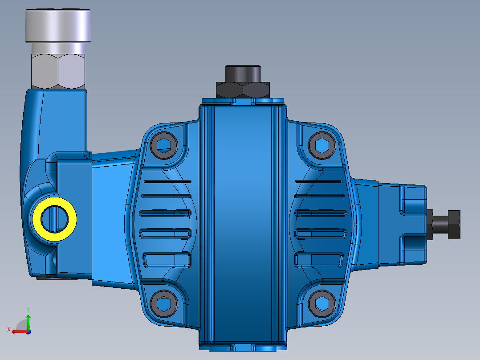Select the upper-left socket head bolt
click(x=164, y=145)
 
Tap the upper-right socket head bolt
click(x=322, y=145)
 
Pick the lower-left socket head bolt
click(x=164, y=304)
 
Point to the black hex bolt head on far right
click(x=454, y=225)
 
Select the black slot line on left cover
click(x=167, y=182)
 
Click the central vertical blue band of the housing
click(x=243, y=223)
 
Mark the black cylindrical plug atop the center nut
click(x=243, y=73)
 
